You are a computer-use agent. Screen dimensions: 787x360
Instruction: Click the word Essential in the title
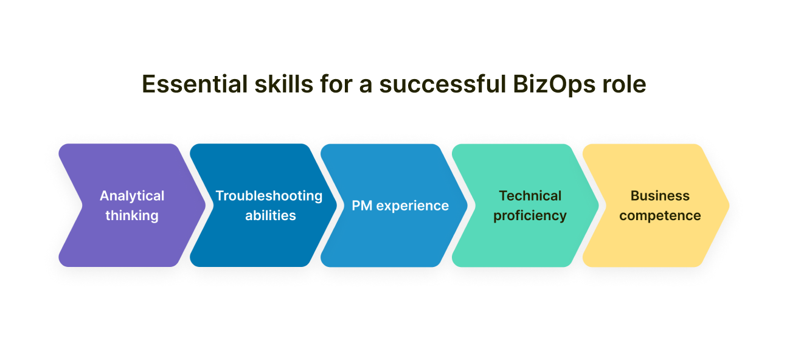[195, 85]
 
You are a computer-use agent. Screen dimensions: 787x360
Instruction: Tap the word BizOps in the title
[554, 85]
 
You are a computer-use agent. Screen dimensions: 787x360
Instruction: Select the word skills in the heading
[284, 85]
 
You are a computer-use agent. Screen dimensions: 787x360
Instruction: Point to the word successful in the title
[443, 85]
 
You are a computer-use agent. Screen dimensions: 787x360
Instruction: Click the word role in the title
[625, 85]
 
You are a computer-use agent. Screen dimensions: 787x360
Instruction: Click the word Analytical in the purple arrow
[132, 196]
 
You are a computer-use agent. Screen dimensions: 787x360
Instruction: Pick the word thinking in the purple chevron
[132, 216]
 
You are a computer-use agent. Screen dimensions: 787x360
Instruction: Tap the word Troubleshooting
[269, 196]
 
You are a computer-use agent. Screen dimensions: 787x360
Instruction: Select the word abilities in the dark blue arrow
[271, 215]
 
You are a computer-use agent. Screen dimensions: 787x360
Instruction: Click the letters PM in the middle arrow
[362, 206]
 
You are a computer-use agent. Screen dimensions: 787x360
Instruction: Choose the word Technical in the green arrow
[530, 196]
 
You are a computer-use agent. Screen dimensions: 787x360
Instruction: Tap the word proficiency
[530, 216]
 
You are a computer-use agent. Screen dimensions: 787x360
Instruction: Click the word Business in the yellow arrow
[660, 196]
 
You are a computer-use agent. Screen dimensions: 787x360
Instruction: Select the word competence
[660, 216]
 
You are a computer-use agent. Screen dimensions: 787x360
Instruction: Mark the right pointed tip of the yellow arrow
[729, 206]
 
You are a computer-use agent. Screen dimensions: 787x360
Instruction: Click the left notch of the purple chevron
[82, 206]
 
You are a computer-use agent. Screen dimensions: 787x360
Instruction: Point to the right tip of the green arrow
[598, 206]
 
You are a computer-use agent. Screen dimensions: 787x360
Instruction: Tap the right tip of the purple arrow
[205, 206]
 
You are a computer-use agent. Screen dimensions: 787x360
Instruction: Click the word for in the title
[336, 85]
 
